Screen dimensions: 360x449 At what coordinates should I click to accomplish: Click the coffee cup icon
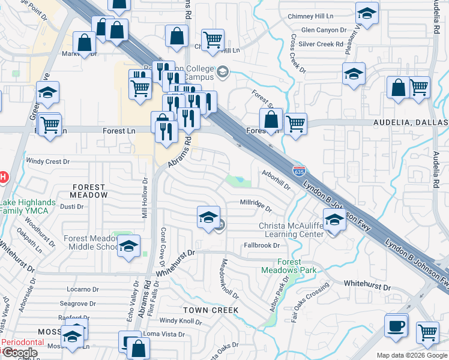[x=396, y=326]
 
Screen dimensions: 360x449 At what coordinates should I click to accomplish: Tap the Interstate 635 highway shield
[x=299, y=171]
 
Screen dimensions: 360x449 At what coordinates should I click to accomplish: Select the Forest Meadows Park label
[x=289, y=266]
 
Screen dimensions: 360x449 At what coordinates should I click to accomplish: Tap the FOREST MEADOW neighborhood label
[x=89, y=191]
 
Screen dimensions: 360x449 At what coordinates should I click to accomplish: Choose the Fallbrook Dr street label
[x=262, y=245]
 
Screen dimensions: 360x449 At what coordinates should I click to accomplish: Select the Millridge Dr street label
[x=256, y=206]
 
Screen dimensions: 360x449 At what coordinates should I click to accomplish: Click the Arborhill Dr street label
[x=277, y=179]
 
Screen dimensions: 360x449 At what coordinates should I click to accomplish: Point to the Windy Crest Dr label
[x=49, y=161]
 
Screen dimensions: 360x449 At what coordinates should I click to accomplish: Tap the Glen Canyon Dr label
[x=324, y=29]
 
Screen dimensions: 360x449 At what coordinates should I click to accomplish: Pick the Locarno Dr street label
[x=78, y=289]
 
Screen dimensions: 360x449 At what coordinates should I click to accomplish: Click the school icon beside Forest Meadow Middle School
[x=129, y=247]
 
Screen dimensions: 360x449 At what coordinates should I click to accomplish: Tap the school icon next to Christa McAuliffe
[x=334, y=220]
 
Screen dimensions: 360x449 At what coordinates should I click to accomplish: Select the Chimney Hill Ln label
[x=310, y=16]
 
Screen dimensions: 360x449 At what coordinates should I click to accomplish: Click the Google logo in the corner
[x=20, y=353]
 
